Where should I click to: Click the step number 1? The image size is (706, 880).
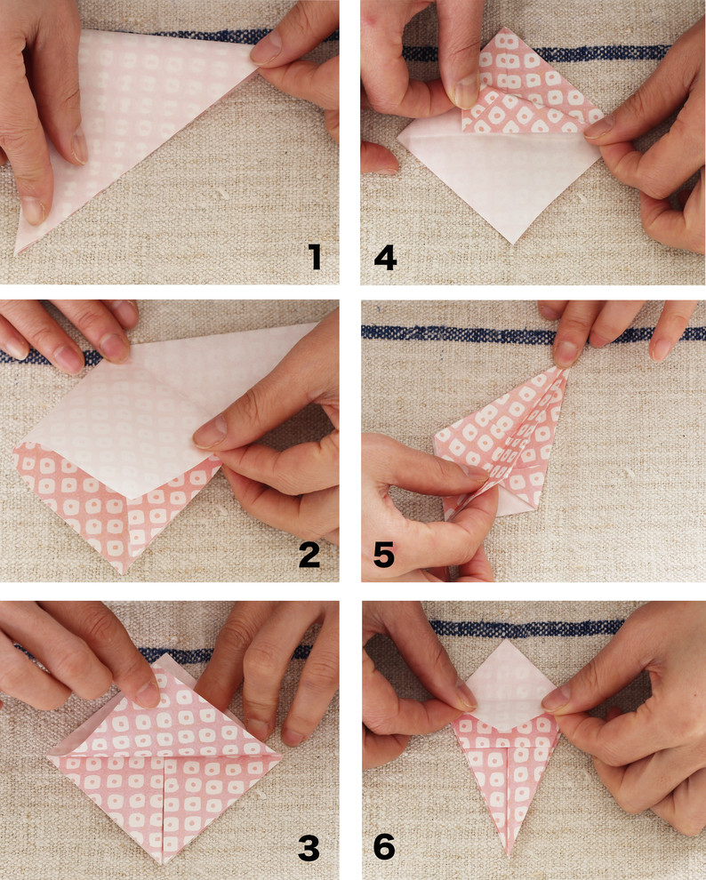pyautogui.click(x=316, y=257)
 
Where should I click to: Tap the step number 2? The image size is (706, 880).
pyautogui.click(x=309, y=555)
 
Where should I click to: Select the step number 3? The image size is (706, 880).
pyautogui.click(x=309, y=848)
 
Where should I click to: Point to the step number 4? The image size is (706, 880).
pyautogui.click(x=385, y=258)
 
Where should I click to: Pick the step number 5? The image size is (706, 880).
pyautogui.click(x=384, y=555)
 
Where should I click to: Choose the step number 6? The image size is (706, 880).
pyautogui.click(x=384, y=847)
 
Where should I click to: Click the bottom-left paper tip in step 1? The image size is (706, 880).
pyautogui.click(x=16, y=252)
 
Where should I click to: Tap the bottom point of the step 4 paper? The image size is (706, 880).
pyautogui.click(x=512, y=243)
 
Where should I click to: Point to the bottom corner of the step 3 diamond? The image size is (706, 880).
pyautogui.click(x=162, y=863)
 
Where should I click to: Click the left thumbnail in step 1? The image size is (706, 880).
pyautogui.click(x=80, y=146)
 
